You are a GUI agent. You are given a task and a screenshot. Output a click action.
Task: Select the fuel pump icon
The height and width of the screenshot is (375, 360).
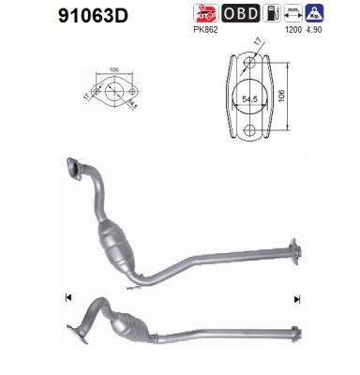click(269, 13)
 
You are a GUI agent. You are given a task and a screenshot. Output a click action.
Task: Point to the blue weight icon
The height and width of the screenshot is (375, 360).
click(316, 13)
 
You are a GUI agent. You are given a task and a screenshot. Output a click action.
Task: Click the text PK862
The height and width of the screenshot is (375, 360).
click(205, 30)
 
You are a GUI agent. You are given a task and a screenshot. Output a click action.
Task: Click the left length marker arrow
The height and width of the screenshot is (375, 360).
click(67, 298)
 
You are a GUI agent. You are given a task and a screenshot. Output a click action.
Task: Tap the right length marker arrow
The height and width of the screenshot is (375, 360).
click(296, 299)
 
